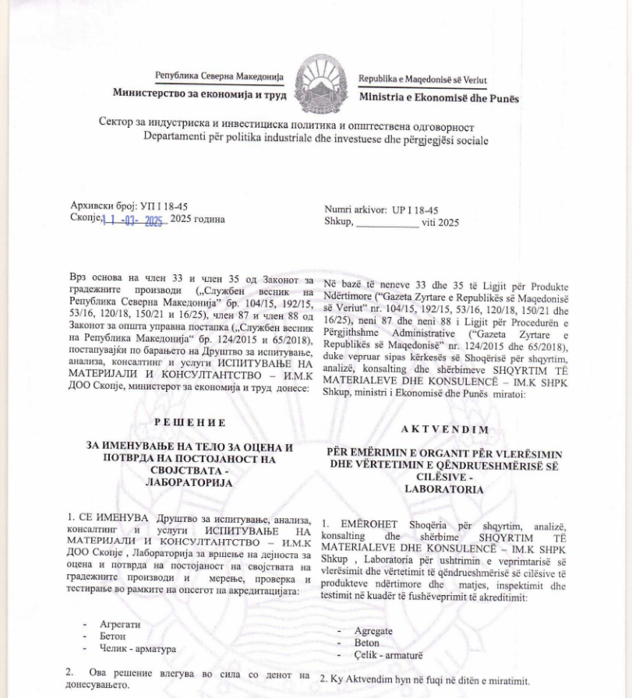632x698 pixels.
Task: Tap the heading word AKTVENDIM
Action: [x=447, y=429]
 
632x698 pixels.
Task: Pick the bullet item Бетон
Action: [x=115, y=636]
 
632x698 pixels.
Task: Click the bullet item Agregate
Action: [x=373, y=631]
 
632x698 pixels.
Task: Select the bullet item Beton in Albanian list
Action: [x=367, y=643]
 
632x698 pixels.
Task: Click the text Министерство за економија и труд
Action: [x=199, y=93]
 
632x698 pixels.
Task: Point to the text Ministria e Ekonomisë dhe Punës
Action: [x=439, y=99]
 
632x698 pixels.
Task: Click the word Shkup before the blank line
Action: [x=337, y=222]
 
